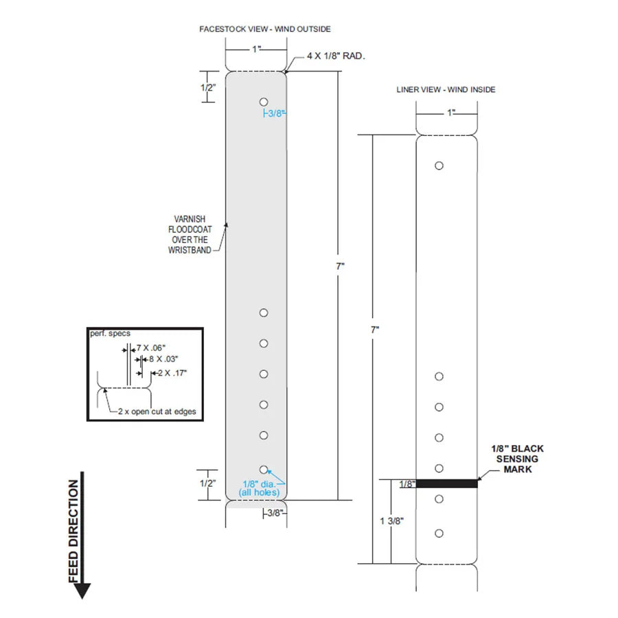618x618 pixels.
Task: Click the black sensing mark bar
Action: coord(446,483)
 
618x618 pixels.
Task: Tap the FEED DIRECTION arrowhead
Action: coord(82,591)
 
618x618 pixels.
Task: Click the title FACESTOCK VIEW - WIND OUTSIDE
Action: coord(265,29)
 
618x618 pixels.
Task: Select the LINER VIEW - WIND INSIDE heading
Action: coord(446,90)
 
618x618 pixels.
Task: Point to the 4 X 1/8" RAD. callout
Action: coord(336,56)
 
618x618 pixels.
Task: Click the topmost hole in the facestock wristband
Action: coord(264,102)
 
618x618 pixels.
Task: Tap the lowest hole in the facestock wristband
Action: coord(264,470)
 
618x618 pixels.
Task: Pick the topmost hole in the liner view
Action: coord(439,165)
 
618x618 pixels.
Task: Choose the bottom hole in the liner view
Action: coord(439,534)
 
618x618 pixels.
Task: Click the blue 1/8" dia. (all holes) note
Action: coord(259,488)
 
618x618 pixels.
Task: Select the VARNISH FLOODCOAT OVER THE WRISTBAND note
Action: coord(190,235)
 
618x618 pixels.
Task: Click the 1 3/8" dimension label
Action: coord(392,521)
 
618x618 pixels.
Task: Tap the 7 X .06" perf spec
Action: coord(151,348)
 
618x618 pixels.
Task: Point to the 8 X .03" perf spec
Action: coord(163,359)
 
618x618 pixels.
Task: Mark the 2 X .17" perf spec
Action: coord(172,373)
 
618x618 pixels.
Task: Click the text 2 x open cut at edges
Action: coord(157,411)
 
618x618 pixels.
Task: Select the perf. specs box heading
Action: coord(110,334)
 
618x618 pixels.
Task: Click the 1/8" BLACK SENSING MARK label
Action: coord(517,459)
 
